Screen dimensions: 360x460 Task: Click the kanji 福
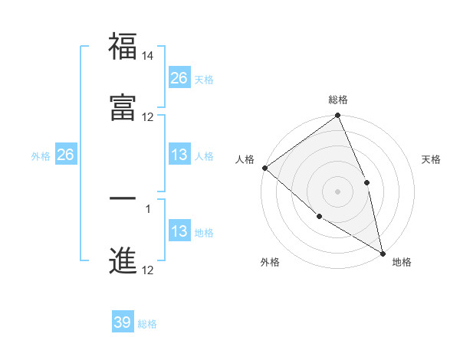(x=123, y=47)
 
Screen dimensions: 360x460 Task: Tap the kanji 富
(x=123, y=109)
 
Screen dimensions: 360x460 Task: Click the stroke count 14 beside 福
(x=148, y=55)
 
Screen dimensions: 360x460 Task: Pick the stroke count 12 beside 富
(x=148, y=117)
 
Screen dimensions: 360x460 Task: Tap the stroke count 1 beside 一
(x=148, y=208)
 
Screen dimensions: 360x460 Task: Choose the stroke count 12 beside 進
(x=148, y=270)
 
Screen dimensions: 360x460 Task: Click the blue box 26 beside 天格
(x=179, y=78)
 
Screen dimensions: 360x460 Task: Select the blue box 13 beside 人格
(x=179, y=155)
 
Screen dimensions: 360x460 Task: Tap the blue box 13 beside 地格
(x=179, y=232)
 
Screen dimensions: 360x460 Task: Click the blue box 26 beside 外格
(x=65, y=155)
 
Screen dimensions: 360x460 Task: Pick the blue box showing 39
(x=123, y=322)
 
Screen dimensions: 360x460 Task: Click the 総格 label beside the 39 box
(x=147, y=324)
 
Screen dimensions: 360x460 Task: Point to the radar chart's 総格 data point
(x=338, y=116)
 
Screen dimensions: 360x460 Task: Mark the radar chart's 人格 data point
(x=264, y=168)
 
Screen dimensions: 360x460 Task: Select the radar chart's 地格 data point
(x=383, y=252)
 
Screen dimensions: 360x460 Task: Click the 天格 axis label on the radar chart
(x=432, y=159)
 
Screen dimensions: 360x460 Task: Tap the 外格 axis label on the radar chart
(x=269, y=262)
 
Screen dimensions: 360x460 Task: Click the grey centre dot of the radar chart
(x=338, y=191)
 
